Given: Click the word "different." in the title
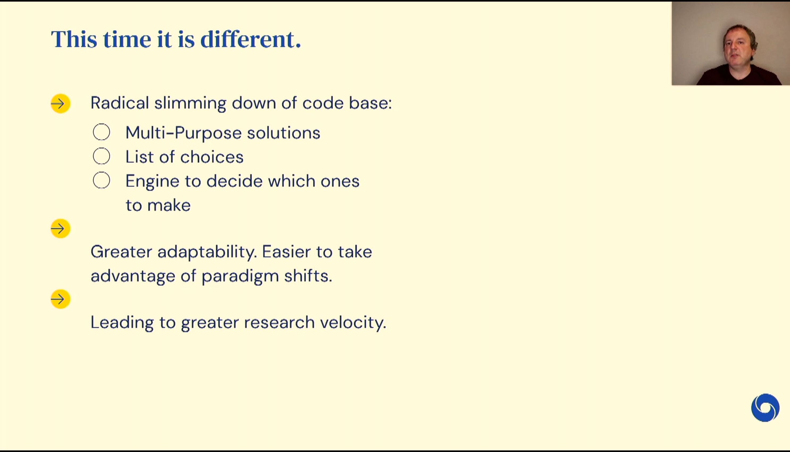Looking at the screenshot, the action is (251, 39).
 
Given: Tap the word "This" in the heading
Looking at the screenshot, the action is (74, 39).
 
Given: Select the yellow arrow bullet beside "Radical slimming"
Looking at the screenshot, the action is (61, 103).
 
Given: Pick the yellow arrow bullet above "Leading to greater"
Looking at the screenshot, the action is (61, 299).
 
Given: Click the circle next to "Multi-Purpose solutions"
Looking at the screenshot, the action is (102, 132).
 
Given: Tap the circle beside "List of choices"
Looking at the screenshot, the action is (102, 156).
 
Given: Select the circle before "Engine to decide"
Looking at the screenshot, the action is (102, 180).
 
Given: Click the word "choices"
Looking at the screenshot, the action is (212, 157).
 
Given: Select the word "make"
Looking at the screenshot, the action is (169, 205).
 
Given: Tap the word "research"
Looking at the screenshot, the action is (280, 322).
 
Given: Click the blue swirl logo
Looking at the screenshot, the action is (765, 408).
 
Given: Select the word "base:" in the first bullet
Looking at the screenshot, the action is (371, 103).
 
